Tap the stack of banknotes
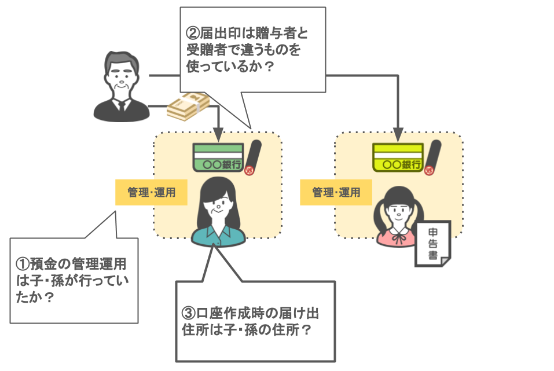pos(188,107)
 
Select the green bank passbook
pos(217,157)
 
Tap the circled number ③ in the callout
pos(188,314)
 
